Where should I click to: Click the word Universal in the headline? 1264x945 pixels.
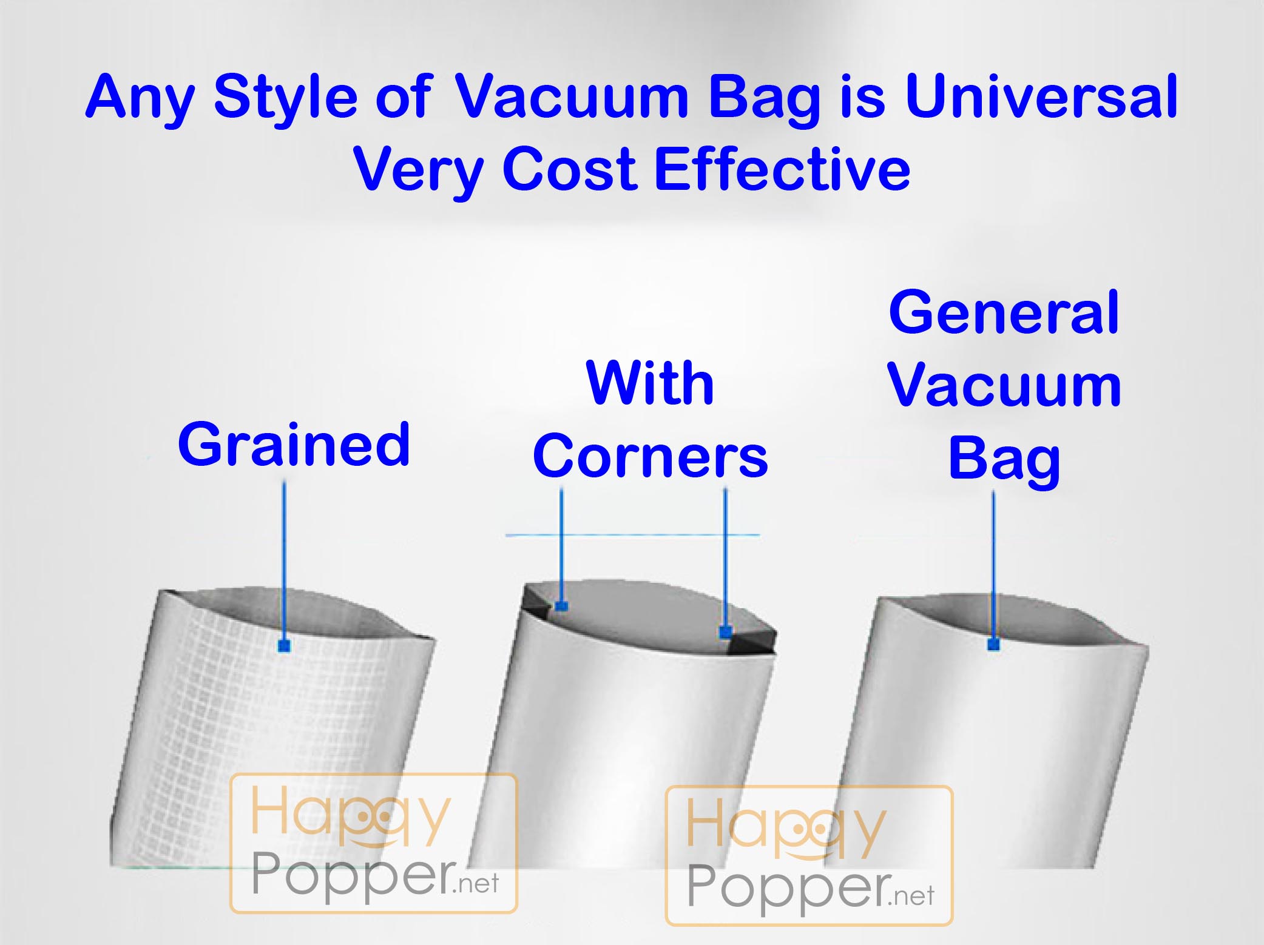[1041, 96]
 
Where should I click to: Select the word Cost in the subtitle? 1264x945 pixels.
[569, 169]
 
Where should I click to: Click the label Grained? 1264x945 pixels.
[294, 444]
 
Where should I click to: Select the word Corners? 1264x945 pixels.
[651, 456]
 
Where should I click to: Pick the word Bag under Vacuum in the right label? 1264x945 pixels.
[1004, 459]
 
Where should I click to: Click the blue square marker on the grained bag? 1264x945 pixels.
[283, 645]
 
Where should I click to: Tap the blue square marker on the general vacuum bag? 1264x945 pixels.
[993, 644]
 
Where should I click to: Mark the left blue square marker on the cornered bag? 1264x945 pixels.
[561, 605]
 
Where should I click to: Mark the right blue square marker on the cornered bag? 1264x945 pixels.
[725, 633]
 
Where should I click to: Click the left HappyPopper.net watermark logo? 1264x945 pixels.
[374, 843]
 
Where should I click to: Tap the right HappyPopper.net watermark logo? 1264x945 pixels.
[809, 855]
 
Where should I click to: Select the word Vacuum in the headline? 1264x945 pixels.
[572, 96]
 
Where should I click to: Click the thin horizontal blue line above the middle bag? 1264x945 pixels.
[632, 535]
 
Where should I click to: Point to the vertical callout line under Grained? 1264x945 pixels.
[283, 561]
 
